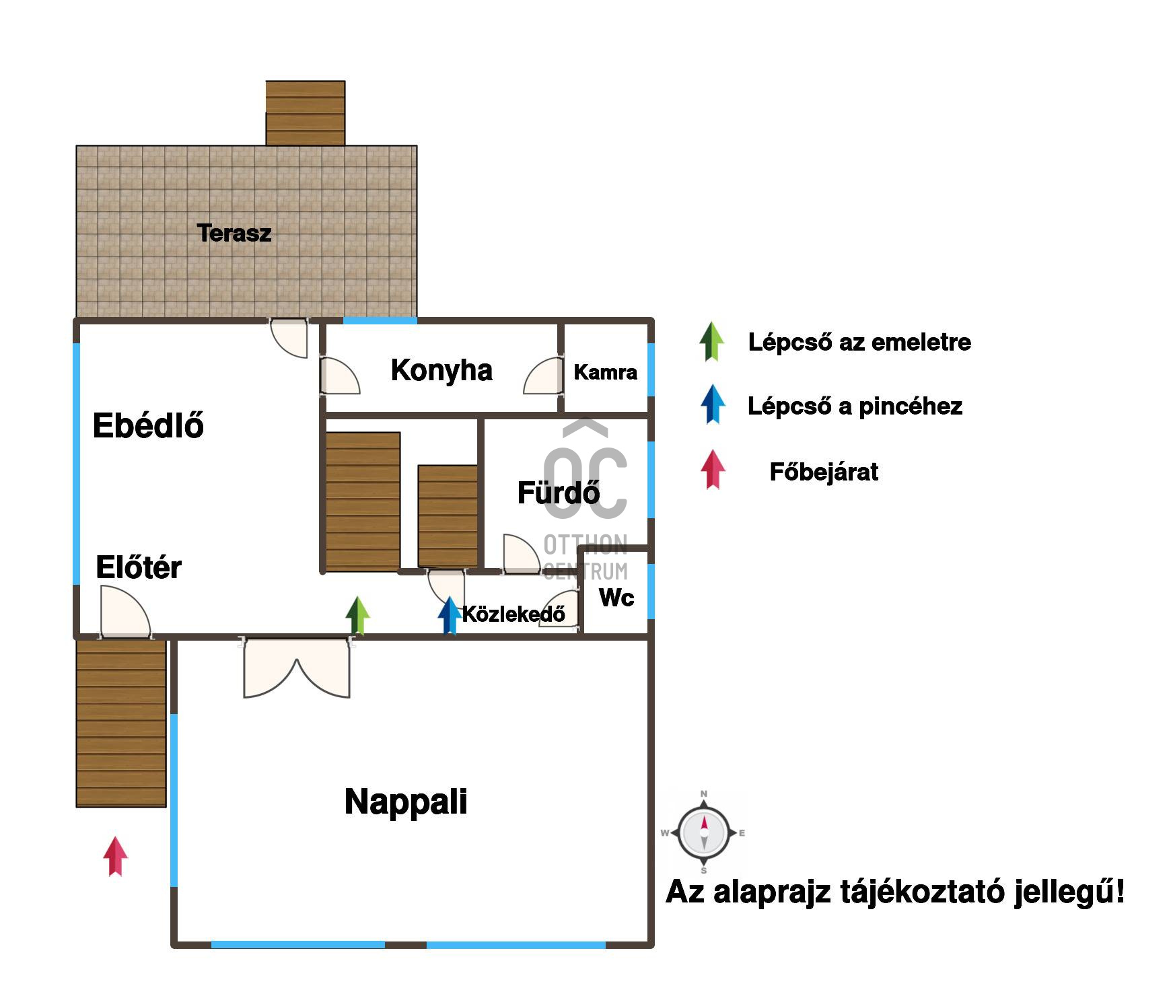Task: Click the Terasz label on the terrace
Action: (234, 233)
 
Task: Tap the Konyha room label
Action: (441, 370)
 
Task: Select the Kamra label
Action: (605, 372)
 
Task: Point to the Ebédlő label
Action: (148, 425)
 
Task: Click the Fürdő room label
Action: (558, 493)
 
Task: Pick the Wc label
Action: (616, 597)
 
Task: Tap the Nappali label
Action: (406, 802)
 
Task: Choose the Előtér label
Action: (139, 567)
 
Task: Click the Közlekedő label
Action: (513, 614)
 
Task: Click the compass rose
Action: (704, 832)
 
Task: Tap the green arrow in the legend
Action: (712, 341)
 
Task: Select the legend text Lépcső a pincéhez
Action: (855, 406)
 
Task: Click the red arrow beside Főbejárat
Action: (713, 470)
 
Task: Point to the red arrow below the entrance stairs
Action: (115, 856)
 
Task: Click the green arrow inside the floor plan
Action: (358, 615)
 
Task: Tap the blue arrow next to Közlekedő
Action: (449, 615)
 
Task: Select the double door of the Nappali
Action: (297, 669)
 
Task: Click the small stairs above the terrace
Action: (306, 113)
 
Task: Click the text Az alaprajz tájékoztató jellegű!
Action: (895, 892)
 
